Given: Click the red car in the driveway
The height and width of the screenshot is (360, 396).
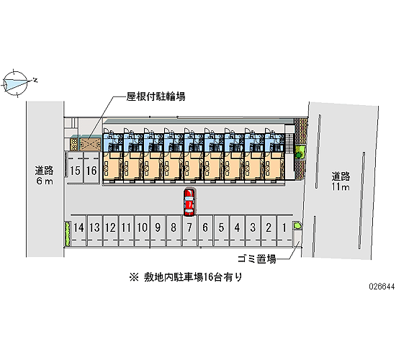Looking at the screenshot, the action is pos(189,202).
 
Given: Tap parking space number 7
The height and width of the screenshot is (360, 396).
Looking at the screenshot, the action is pos(189,230).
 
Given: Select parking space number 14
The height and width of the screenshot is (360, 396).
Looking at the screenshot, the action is pos(78,230).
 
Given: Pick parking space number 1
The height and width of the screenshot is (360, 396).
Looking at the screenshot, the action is pos(284,230).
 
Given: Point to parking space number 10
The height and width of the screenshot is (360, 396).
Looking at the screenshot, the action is pos(142,230).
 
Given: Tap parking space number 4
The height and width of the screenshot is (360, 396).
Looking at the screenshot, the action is pos(237,230).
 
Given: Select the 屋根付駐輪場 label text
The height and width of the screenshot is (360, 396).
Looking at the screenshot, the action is pos(156,96).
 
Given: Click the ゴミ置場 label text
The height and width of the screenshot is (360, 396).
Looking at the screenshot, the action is pos(256,259).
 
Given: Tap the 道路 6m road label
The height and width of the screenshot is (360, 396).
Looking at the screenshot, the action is pos(45,176).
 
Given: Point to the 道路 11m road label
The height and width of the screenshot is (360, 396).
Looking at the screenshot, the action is pos(341,181).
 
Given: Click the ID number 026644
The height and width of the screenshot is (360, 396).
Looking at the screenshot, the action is pos(382,287).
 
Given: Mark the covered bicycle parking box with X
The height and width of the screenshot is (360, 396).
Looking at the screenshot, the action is pos(91,144).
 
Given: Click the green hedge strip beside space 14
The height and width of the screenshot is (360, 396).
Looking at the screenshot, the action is pos(68,234).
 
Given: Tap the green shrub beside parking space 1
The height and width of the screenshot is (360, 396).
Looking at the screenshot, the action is pos(297,225).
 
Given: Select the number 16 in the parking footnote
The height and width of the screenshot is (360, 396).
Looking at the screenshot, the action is pos(208,277).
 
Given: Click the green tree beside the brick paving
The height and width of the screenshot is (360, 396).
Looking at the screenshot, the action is pos(300,153).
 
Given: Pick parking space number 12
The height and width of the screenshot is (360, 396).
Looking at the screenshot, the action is pos(110,230).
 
